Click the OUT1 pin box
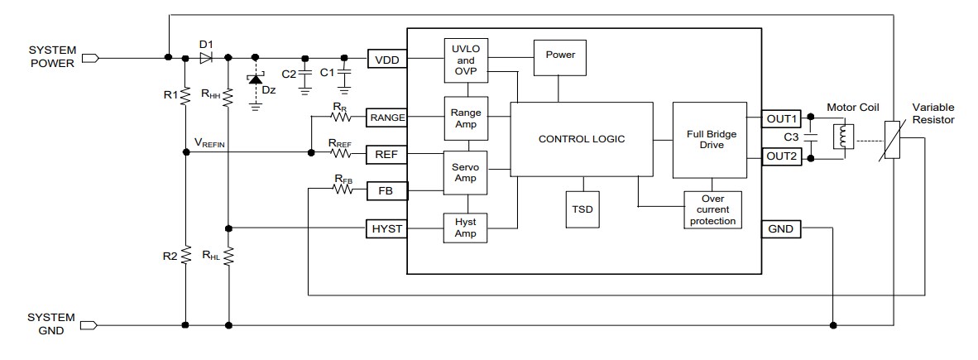click(x=781, y=118)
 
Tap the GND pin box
click(x=781, y=228)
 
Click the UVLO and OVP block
click(x=466, y=60)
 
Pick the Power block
click(x=559, y=56)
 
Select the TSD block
click(x=583, y=210)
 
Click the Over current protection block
click(x=712, y=210)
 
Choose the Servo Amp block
click(x=466, y=172)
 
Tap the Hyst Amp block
click(x=466, y=228)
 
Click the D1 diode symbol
click(x=206, y=58)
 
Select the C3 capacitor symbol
click(x=814, y=137)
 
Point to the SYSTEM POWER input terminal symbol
click(x=91, y=58)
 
